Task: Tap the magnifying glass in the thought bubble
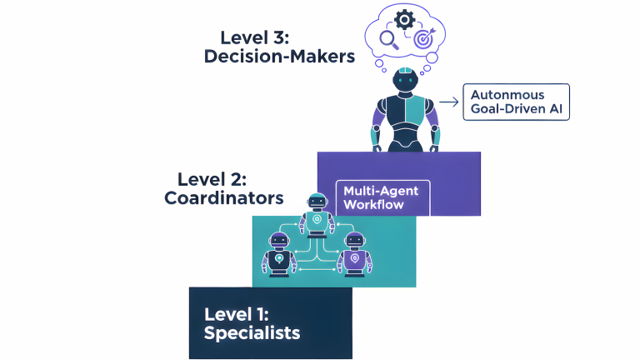(x=387, y=38)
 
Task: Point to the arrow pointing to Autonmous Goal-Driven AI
(x=449, y=102)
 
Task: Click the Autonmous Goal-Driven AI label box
(x=516, y=102)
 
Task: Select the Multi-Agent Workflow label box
(x=381, y=197)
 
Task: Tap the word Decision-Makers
(x=278, y=57)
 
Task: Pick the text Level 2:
(x=212, y=178)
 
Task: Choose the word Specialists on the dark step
(x=252, y=333)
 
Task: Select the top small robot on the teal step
(x=317, y=213)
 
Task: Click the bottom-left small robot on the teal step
(x=279, y=252)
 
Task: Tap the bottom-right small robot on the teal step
(x=354, y=252)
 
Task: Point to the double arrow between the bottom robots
(x=317, y=269)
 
